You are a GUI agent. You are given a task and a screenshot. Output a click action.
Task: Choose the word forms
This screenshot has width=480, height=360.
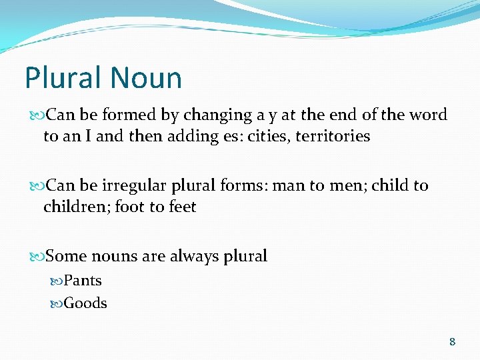[x=285, y=186]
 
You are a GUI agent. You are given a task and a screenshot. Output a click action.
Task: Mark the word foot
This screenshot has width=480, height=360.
[x=129, y=207]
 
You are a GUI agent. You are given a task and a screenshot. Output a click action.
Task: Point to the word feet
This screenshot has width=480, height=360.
[x=182, y=207]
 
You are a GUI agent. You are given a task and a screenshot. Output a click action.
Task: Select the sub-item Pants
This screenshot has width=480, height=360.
[x=83, y=281]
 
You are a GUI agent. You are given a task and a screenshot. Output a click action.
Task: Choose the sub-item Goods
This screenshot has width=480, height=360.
[x=85, y=303]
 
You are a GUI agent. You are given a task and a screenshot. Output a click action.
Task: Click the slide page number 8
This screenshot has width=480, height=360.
[x=452, y=342]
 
